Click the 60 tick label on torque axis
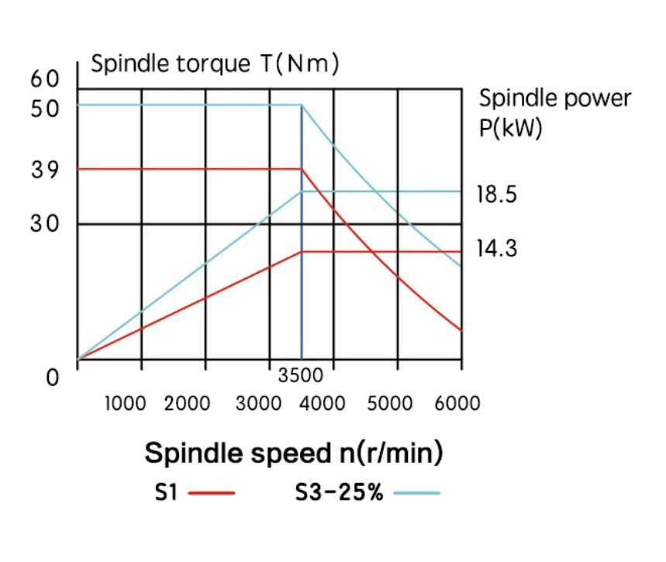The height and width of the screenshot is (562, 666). tap(44, 79)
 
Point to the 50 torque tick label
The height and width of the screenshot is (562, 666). tap(44, 108)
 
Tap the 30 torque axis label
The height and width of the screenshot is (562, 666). tap(44, 223)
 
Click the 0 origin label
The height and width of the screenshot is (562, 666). tap(53, 378)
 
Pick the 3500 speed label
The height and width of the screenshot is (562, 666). tap(300, 376)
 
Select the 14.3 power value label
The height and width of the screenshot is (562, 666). tap(496, 249)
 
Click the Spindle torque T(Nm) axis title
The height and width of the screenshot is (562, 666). tap(215, 64)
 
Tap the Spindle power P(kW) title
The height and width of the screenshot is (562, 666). tap(554, 112)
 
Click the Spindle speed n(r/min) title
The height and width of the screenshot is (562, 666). tap(294, 453)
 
